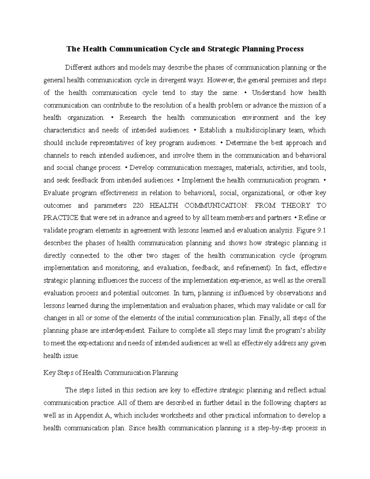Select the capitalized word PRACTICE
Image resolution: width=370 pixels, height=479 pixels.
tap(61, 218)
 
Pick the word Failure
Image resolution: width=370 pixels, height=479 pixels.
tap(158, 331)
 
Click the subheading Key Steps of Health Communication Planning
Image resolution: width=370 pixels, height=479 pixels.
tap(111, 373)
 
